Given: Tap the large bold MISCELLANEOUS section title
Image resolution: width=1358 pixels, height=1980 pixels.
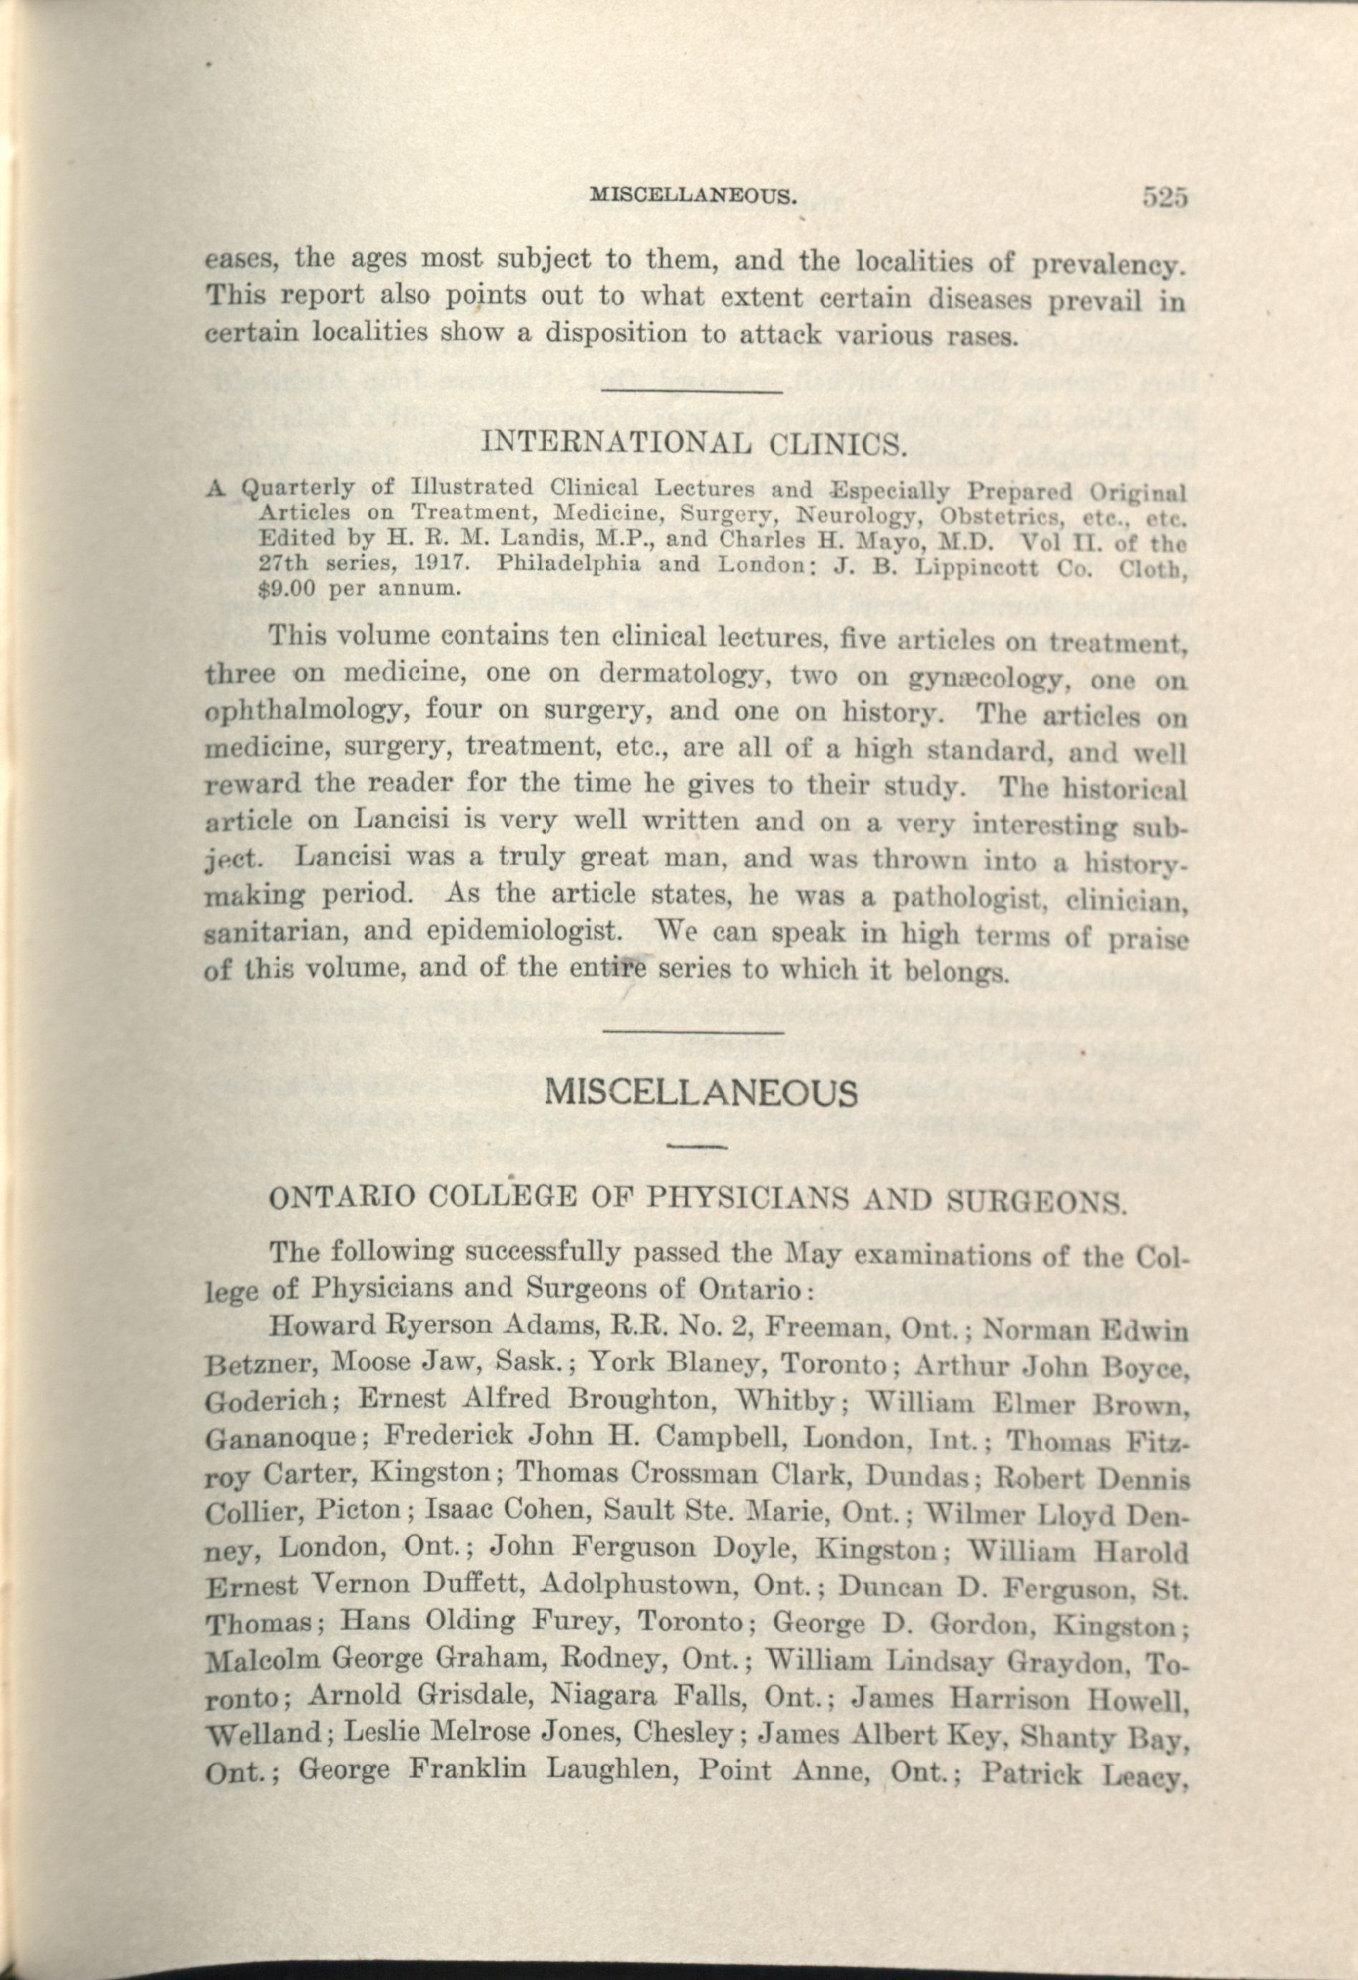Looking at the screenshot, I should (700, 1093).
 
